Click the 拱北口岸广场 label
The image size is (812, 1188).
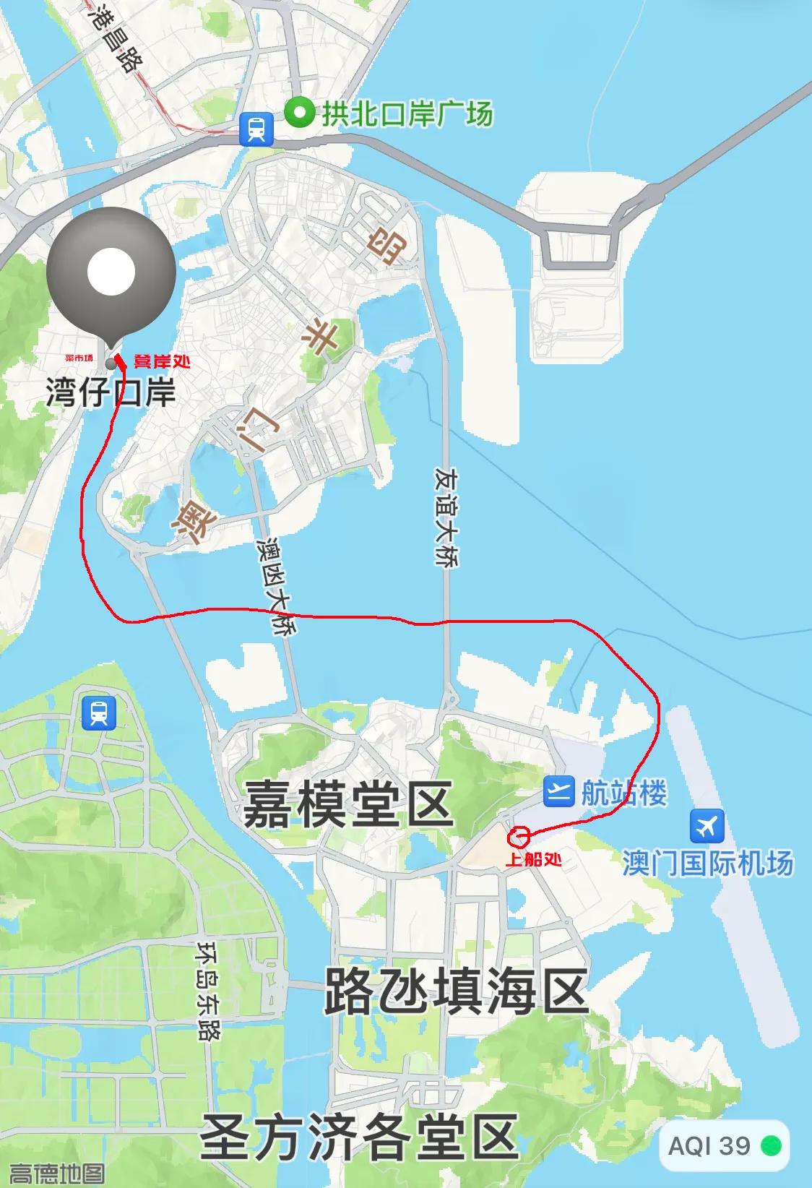click(407, 113)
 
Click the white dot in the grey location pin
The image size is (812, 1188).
click(111, 272)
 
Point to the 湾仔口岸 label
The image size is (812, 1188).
click(111, 394)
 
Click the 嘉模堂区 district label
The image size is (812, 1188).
click(347, 804)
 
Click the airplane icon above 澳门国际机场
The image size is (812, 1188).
click(707, 826)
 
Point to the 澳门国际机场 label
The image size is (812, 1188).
click(707, 863)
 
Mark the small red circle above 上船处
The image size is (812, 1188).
click(519, 837)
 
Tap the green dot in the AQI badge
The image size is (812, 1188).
click(772, 1146)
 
